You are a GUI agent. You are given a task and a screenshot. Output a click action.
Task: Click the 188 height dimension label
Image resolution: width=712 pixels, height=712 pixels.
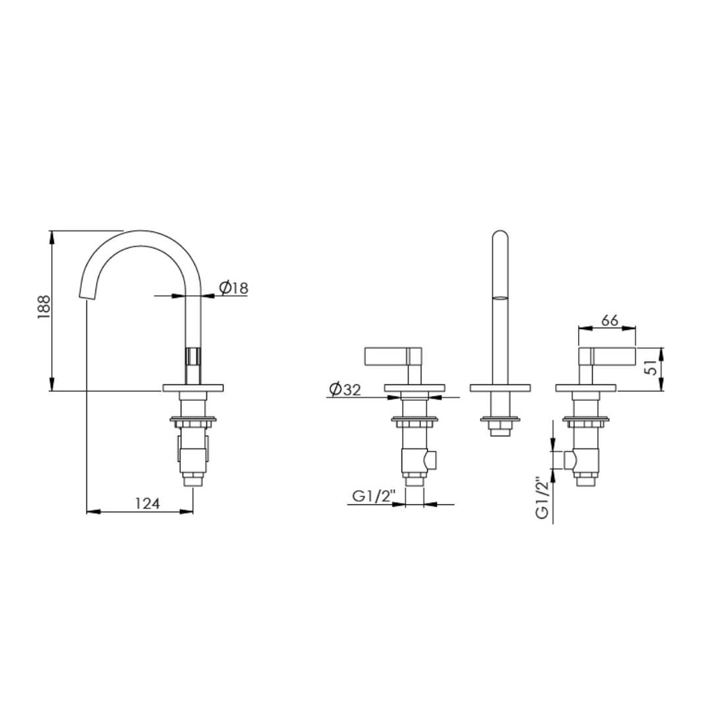[x=44, y=306]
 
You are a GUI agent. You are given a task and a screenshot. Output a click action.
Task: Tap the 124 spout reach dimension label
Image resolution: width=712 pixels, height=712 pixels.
[x=147, y=503]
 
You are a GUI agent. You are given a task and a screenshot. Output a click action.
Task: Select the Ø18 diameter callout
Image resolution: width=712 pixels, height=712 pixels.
[x=234, y=288]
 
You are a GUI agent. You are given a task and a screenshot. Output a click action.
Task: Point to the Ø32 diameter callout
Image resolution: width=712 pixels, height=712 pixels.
[x=345, y=389]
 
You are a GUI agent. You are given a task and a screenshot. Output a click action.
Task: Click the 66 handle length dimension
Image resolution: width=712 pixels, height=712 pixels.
[x=609, y=320]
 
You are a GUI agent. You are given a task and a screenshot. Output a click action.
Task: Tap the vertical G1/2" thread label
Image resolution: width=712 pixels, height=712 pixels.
[x=543, y=497]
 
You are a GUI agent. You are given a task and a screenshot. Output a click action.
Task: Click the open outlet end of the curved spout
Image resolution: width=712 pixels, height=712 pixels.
[x=87, y=295]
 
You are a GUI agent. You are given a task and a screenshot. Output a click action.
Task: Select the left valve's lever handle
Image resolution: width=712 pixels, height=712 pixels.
[x=393, y=356]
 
